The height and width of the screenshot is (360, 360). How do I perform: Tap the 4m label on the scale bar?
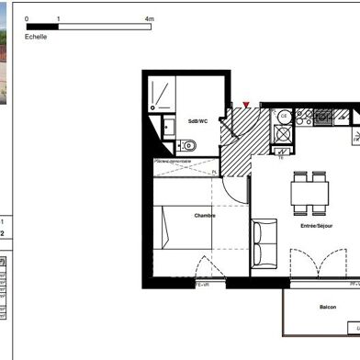[x=150, y=18]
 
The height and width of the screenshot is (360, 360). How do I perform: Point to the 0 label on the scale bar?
[x=27, y=18]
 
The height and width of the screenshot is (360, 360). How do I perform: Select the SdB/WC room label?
[x=197, y=121]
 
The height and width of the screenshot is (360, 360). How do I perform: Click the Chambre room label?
[x=205, y=216]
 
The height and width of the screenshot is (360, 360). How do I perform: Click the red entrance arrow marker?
[x=246, y=107]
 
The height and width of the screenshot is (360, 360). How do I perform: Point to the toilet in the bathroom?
[x=188, y=145]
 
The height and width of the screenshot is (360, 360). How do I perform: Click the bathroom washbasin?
[x=168, y=126]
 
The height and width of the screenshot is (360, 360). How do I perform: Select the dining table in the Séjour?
[x=309, y=192]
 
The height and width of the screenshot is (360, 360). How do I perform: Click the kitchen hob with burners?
[x=322, y=117]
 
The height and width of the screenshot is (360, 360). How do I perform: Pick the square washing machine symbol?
[x=285, y=134]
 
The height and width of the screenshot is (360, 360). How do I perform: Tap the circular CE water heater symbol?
[x=285, y=116]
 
